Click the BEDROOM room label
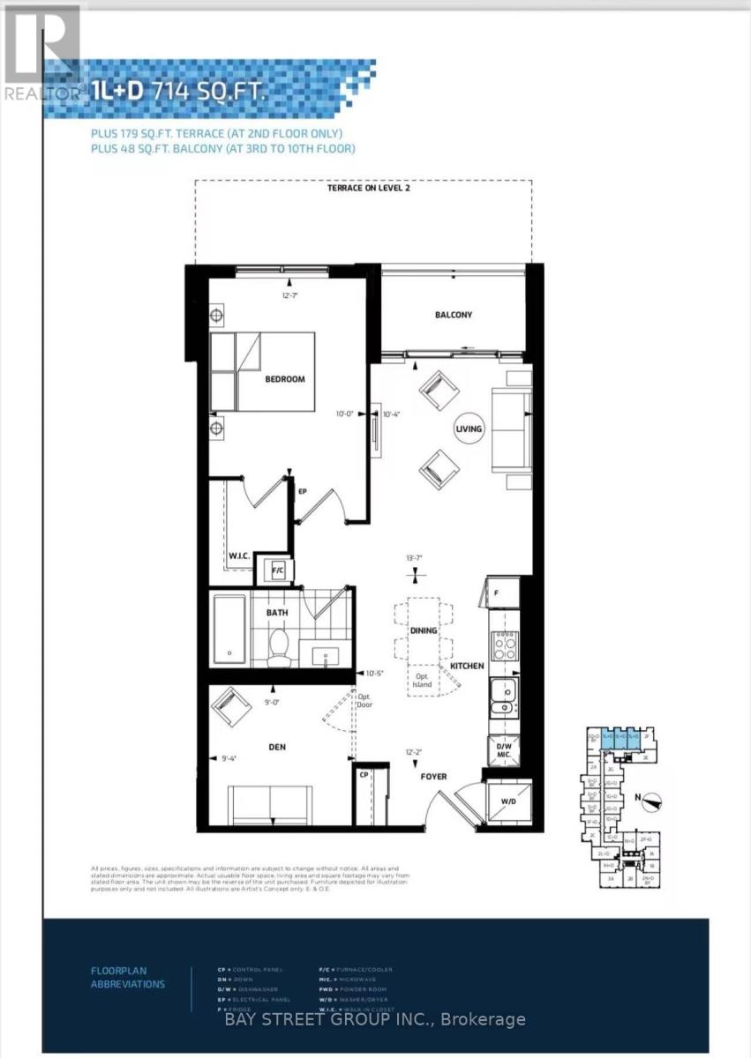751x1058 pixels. (285, 379)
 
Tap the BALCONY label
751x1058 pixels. (454, 315)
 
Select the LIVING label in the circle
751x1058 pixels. (469, 429)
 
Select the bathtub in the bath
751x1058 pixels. (229, 630)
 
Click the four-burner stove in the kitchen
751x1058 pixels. (504, 646)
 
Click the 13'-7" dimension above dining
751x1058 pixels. (415, 557)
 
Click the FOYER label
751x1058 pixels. (433, 777)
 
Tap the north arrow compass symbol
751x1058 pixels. (651, 801)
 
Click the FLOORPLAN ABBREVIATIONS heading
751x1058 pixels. (127, 977)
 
